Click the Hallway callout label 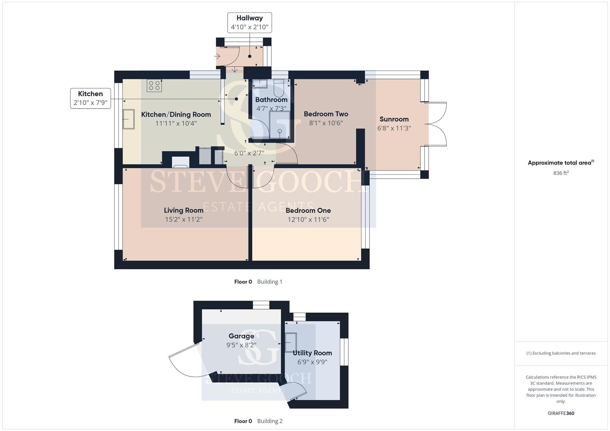(249, 18)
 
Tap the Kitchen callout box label (90, 94)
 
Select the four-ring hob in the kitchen (154, 85)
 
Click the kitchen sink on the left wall (129, 119)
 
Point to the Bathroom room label (271, 100)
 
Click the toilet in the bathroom (278, 89)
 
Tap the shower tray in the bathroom (279, 125)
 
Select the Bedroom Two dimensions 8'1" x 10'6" (326, 123)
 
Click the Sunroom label (394, 119)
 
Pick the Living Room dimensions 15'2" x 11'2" (183, 219)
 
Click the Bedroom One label (308, 210)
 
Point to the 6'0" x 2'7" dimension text (249, 153)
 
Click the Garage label (241, 336)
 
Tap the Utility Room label (312, 353)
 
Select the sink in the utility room (290, 342)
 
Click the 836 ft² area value (561, 173)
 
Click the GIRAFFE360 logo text (561, 413)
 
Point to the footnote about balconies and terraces (561, 353)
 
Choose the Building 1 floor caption (270, 282)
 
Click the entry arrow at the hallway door (217, 56)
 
